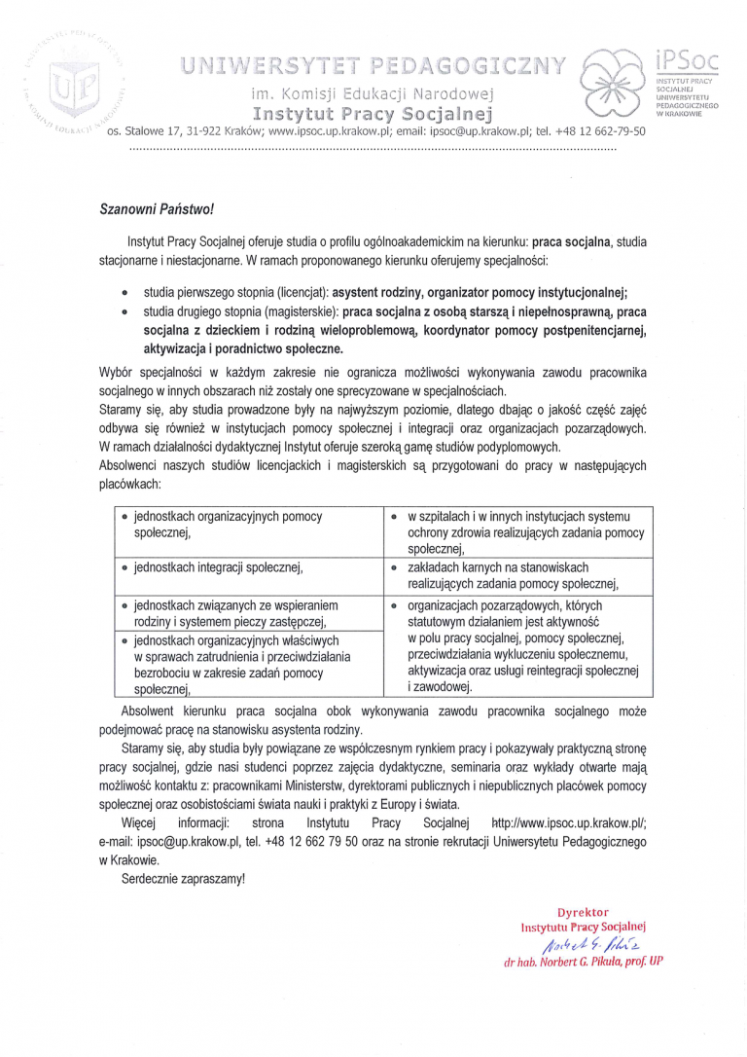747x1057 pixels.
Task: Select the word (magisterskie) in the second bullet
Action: (x=302, y=312)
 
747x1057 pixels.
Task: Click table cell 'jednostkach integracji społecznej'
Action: (x=220, y=566)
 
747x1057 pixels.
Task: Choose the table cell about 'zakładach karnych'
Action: (x=513, y=575)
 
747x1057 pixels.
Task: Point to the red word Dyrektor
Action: (x=583, y=913)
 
